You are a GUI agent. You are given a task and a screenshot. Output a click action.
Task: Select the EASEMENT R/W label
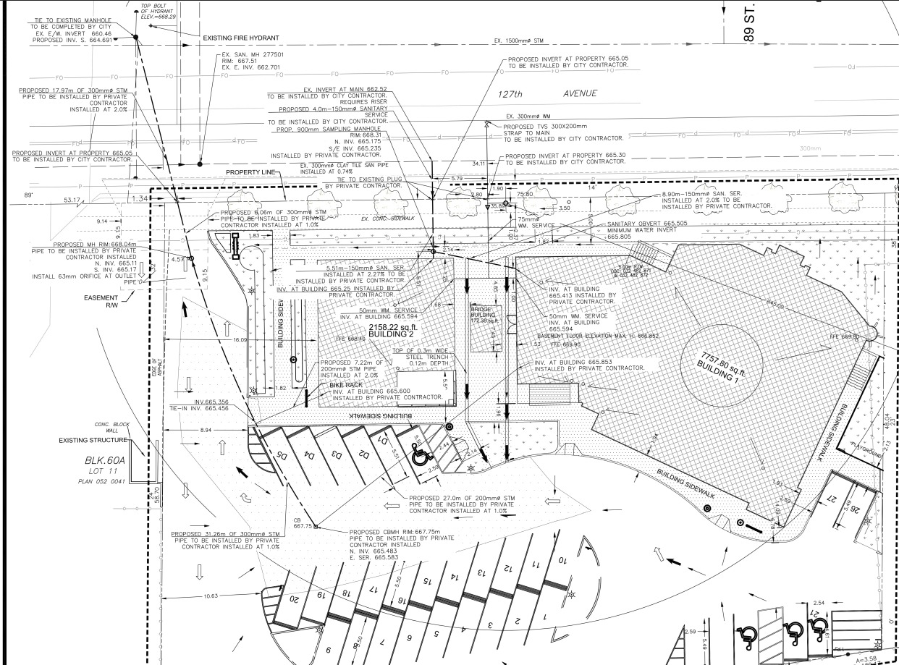pyautogui.click(x=101, y=300)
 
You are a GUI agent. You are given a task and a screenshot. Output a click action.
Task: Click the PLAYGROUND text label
pyautogui.click(x=867, y=449)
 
